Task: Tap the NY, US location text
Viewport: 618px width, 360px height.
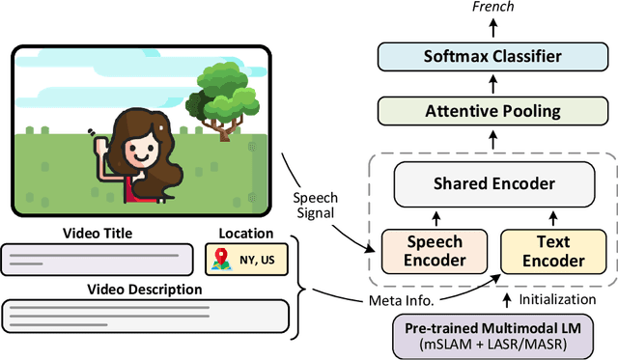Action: click(x=256, y=260)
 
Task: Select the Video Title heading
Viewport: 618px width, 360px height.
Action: click(x=98, y=233)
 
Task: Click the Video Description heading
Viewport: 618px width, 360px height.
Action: click(x=146, y=289)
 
